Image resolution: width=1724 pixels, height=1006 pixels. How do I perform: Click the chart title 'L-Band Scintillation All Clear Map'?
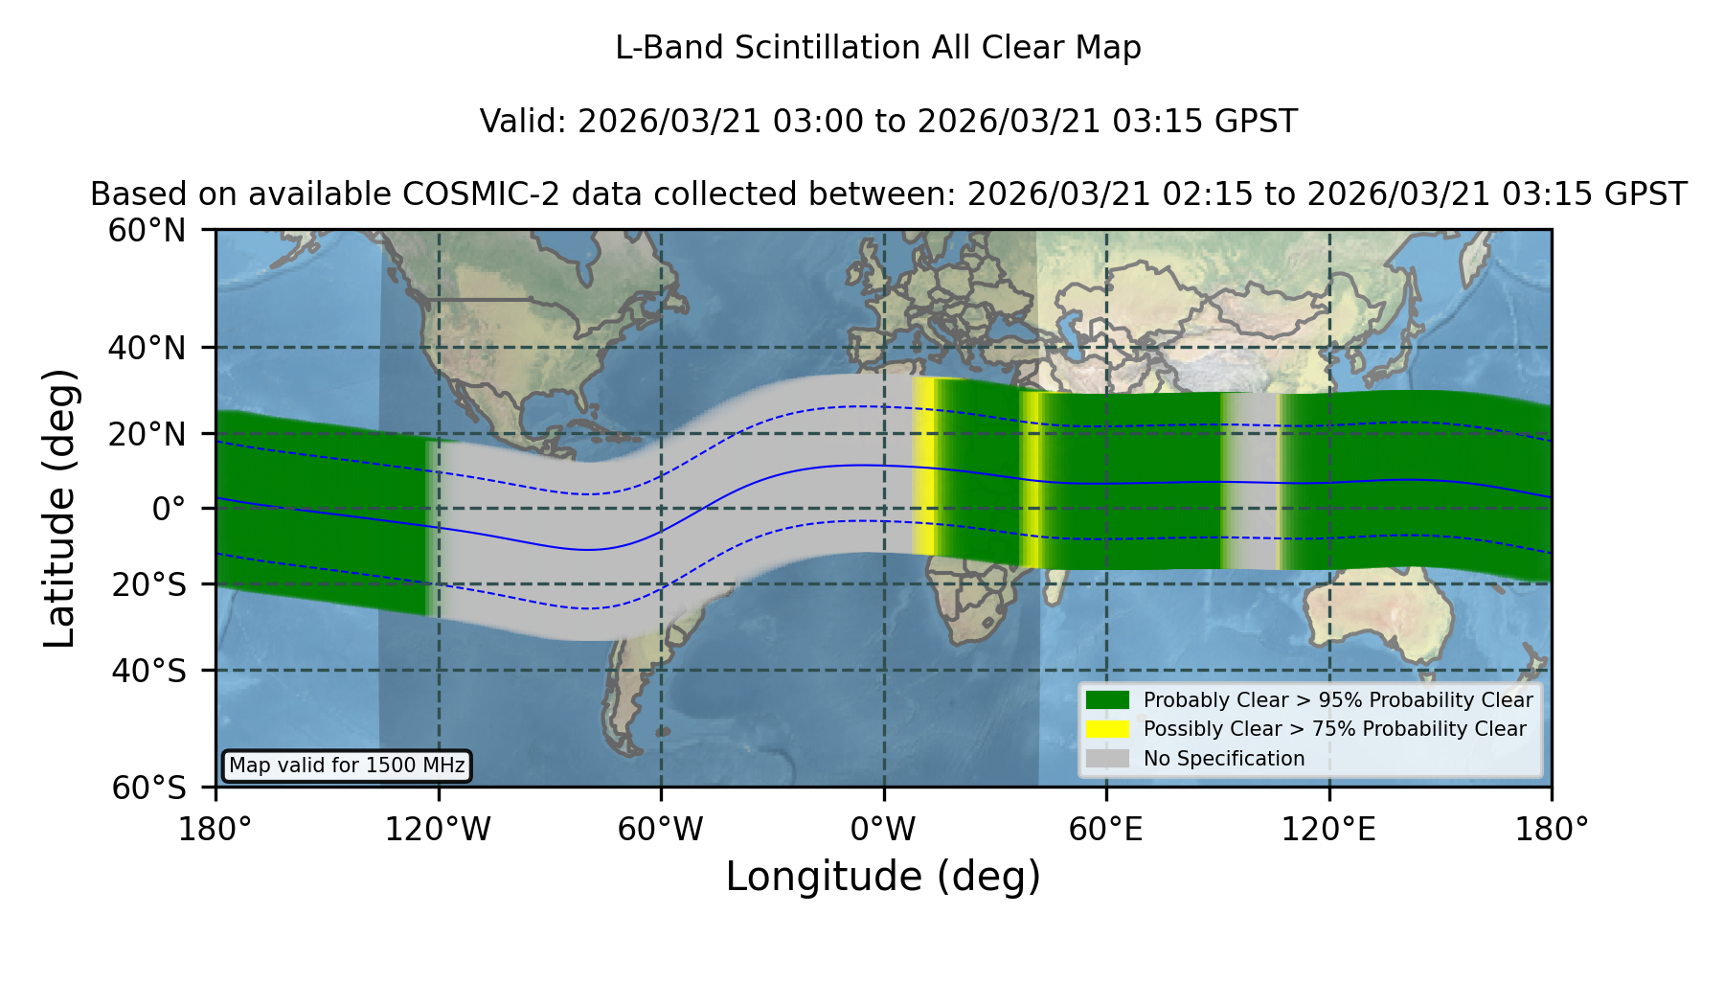pyautogui.click(x=877, y=48)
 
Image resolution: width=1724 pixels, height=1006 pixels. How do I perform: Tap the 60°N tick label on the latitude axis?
pyautogui.click(x=147, y=231)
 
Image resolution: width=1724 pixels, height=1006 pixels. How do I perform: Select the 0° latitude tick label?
pyautogui.click(x=169, y=509)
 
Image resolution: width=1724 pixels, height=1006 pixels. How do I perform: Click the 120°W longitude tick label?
pyautogui.click(x=438, y=829)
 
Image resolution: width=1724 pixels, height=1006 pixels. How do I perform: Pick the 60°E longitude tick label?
pyautogui.click(x=1106, y=829)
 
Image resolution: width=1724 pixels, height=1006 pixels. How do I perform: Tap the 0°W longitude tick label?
pyautogui.click(x=883, y=829)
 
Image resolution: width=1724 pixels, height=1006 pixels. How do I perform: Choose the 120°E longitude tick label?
pyautogui.click(x=1328, y=829)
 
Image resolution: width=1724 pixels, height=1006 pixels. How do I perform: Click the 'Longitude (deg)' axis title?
pyautogui.click(x=883, y=877)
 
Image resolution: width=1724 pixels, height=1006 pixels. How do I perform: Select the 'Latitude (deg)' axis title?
pyautogui.click(x=59, y=508)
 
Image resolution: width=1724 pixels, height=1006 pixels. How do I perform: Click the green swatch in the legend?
pyautogui.click(x=1107, y=700)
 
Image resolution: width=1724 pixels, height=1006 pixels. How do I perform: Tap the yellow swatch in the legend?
pyautogui.click(x=1107, y=729)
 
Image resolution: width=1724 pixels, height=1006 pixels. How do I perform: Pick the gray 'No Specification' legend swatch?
pyautogui.click(x=1107, y=759)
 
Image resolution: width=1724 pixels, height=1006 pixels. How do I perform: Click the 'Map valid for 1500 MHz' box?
pyautogui.click(x=347, y=766)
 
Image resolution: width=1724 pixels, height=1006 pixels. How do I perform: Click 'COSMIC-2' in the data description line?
pyautogui.click(x=467, y=194)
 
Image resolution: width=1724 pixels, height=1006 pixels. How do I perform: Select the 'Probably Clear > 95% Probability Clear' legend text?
pyautogui.click(x=1338, y=700)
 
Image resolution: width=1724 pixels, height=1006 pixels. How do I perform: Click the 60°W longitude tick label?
pyautogui.click(x=660, y=829)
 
